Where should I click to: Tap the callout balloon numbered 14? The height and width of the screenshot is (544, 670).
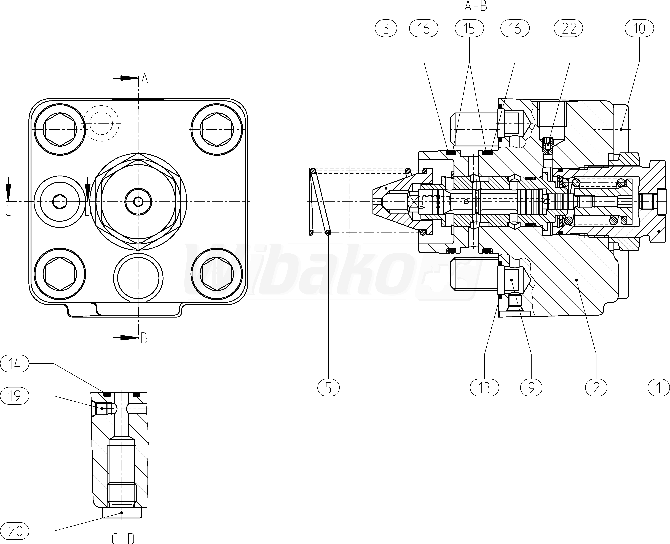(x=14, y=364)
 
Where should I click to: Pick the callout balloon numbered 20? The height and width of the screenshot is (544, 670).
(x=14, y=531)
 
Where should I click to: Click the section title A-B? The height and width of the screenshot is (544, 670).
(x=476, y=6)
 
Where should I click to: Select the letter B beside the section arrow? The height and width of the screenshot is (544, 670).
(x=144, y=338)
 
